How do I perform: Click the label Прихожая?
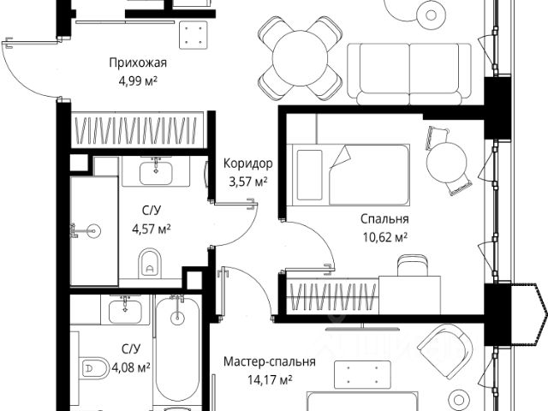[137, 63]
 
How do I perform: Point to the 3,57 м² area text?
[247, 181]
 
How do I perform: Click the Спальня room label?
[383, 218]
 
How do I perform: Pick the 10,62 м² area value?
[383, 236]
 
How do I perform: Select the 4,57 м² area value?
[151, 228]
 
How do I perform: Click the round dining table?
[301, 58]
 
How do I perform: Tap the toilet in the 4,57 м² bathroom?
[151, 262]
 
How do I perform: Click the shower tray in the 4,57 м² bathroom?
[93, 230]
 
